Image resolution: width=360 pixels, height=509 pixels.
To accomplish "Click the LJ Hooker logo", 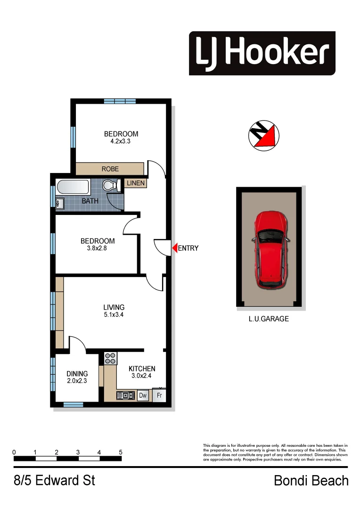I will point(262,53).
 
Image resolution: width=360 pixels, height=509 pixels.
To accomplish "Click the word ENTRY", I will point(188,248).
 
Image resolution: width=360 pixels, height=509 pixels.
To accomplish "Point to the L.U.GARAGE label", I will point(269,319).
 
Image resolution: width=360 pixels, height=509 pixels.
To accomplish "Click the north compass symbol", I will point(263,135).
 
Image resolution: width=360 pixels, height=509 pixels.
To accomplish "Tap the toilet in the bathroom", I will point(110,186).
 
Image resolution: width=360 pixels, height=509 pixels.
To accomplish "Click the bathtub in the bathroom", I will point(73,188).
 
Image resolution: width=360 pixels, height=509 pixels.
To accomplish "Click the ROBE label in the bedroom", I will point(110,169).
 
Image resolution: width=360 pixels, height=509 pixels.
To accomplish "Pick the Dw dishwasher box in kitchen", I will point(143,395).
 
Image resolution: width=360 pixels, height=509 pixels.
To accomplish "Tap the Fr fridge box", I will point(159,395).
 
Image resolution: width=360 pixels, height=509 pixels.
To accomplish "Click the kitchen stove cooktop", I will point(111,359).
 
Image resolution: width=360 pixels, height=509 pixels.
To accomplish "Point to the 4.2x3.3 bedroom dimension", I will point(121,141).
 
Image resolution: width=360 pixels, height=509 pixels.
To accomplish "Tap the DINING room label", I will point(77,374).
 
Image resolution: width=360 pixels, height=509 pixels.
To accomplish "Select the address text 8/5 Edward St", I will point(54,481).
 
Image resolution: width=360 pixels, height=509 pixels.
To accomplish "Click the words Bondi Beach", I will point(311,481).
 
